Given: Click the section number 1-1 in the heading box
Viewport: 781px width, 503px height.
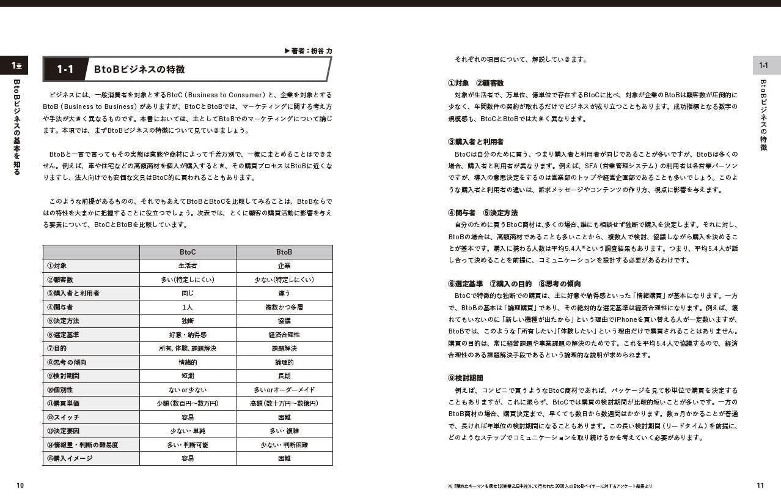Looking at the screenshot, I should tap(65, 69).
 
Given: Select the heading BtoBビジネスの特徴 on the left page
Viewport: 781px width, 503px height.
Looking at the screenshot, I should tap(139, 69).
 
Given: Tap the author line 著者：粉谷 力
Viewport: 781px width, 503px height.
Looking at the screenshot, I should tap(309, 51).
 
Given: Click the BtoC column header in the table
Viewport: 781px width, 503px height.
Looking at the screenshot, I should tap(188, 252).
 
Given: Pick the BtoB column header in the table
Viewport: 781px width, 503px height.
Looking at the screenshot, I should tap(284, 252).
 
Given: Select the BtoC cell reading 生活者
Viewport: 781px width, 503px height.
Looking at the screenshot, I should tap(188, 266).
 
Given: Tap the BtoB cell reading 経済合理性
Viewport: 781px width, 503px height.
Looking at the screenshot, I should tap(284, 335).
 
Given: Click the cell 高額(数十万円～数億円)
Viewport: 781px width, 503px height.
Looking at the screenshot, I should tap(284, 403).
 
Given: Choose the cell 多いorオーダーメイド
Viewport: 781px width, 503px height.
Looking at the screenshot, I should tap(284, 390).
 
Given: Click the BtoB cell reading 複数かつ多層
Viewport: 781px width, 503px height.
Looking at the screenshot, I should tap(284, 307).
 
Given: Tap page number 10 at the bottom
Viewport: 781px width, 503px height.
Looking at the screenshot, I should tap(20, 485).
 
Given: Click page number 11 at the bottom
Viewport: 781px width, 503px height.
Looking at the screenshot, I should tap(760, 485).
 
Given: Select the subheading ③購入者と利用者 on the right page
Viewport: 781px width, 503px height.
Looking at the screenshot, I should tap(476, 142).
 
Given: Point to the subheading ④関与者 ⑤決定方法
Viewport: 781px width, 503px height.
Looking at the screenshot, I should tap(483, 213).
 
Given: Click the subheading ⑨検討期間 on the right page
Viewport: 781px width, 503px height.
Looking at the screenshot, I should tap(465, 378).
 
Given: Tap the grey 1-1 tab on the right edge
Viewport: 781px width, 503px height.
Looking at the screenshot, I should tap(764, 65).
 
